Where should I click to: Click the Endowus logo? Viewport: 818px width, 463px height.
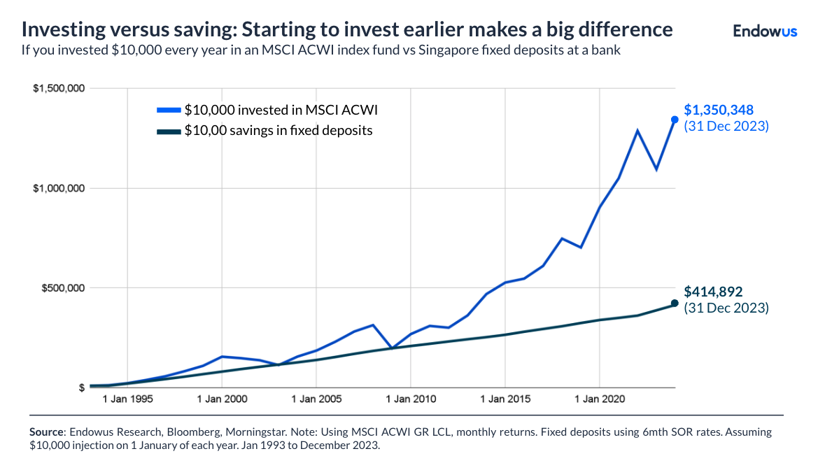pos(764,31)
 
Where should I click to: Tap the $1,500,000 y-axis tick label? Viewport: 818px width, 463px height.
pos(59,88)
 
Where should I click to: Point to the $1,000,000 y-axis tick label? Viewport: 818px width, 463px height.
pos(59,188)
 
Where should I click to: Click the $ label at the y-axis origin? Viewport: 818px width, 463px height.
pos(82,387)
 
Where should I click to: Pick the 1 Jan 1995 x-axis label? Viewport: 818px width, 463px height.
pos(127,399)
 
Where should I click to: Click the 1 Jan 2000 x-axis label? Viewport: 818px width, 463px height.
pos(222,399)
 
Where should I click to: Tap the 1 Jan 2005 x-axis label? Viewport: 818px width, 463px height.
pos(316,399)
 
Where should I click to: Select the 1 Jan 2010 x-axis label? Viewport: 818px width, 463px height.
pos(411,399)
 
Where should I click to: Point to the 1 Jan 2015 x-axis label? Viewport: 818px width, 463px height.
pos(505,399)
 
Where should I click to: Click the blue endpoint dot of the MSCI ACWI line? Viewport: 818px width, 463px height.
pos(675,120)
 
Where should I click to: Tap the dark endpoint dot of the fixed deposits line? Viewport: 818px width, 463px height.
pos(675,304)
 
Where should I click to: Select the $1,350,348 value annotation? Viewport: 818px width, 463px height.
pos(718,110)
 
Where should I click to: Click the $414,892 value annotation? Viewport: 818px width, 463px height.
pos(713,292)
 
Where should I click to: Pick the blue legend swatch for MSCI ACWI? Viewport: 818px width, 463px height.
pos(168,110)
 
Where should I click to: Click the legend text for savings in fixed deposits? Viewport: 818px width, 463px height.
pos(278,130)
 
